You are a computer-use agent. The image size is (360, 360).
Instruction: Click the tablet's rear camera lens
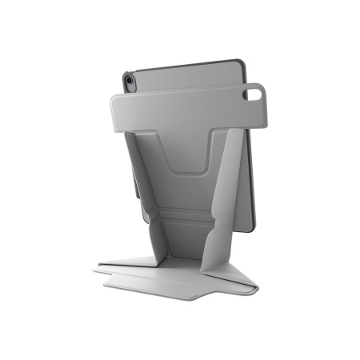128,81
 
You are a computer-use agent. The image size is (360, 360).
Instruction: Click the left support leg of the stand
143,192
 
